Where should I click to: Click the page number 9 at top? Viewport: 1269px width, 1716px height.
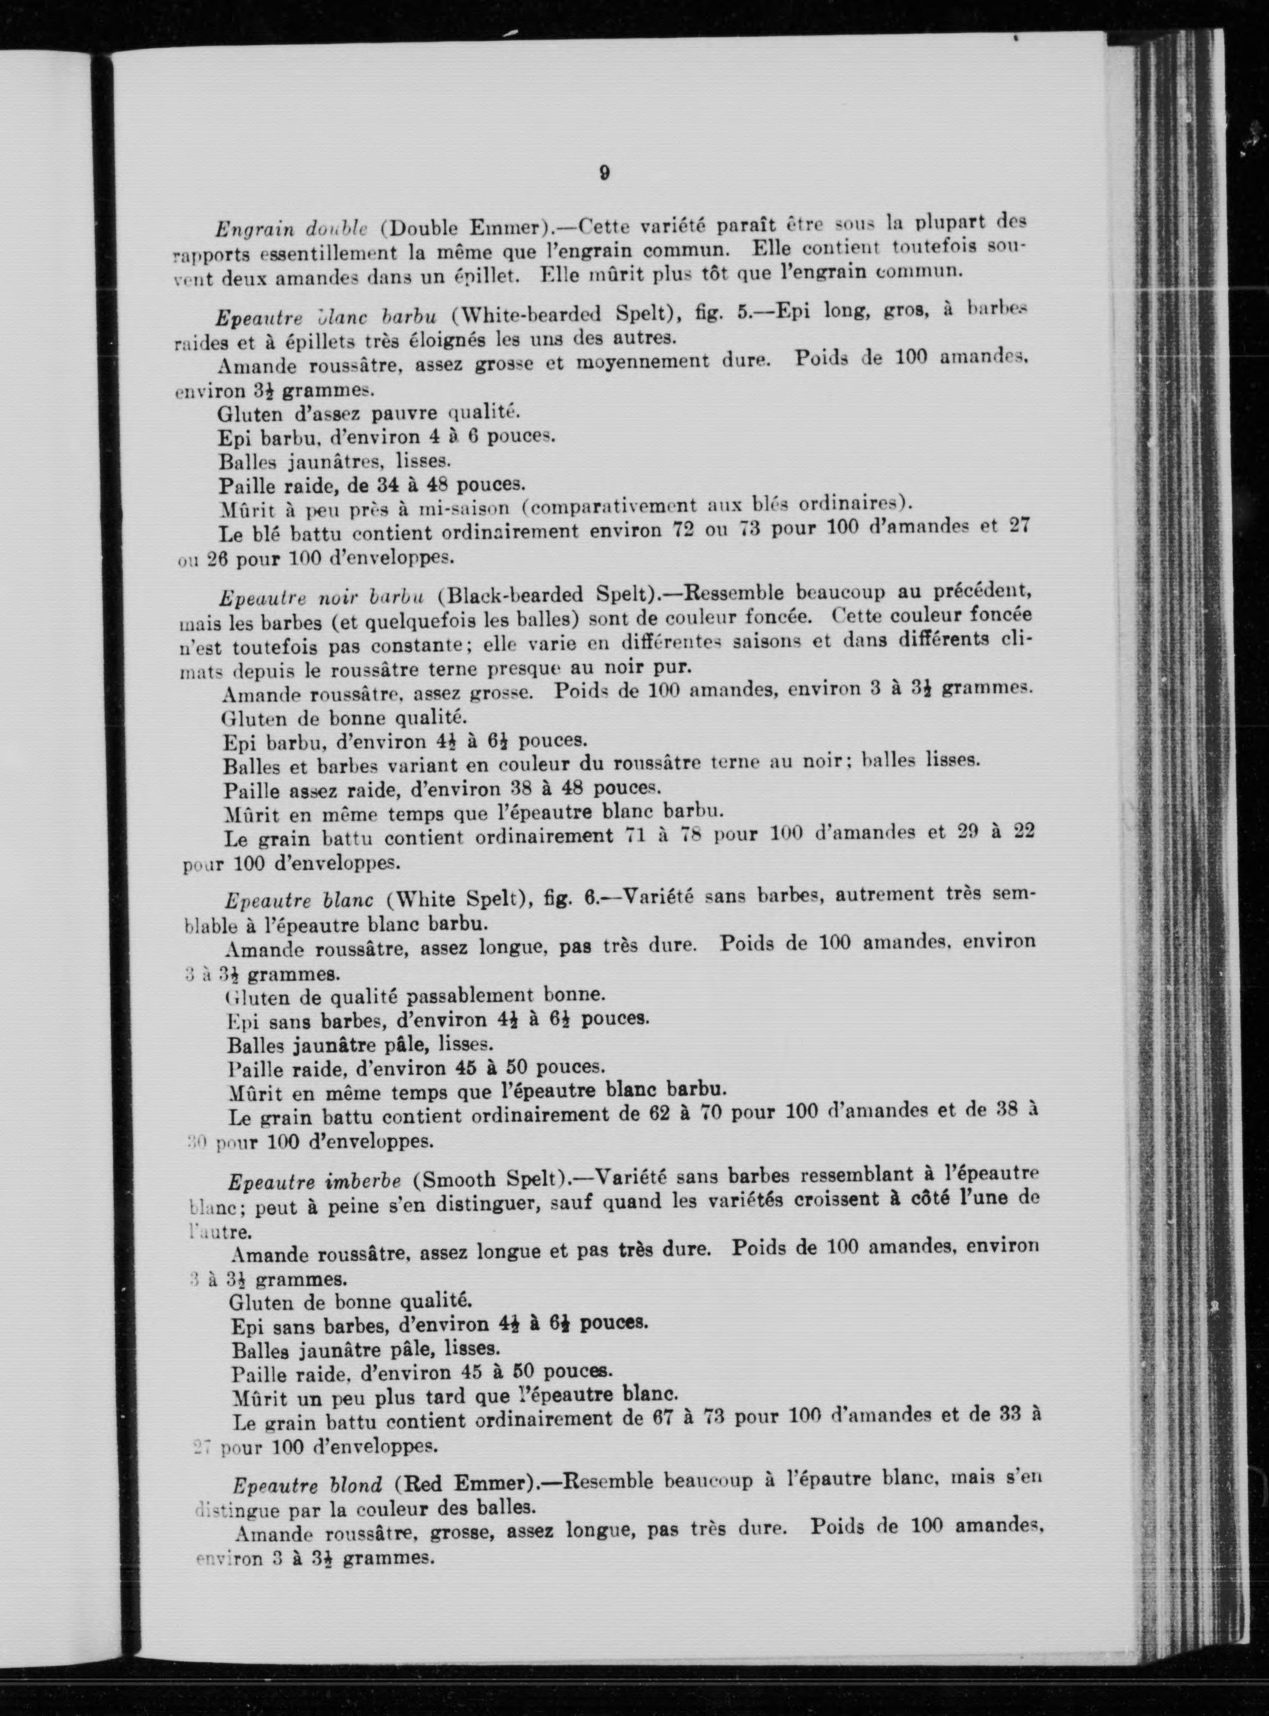tap(605, 174)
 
